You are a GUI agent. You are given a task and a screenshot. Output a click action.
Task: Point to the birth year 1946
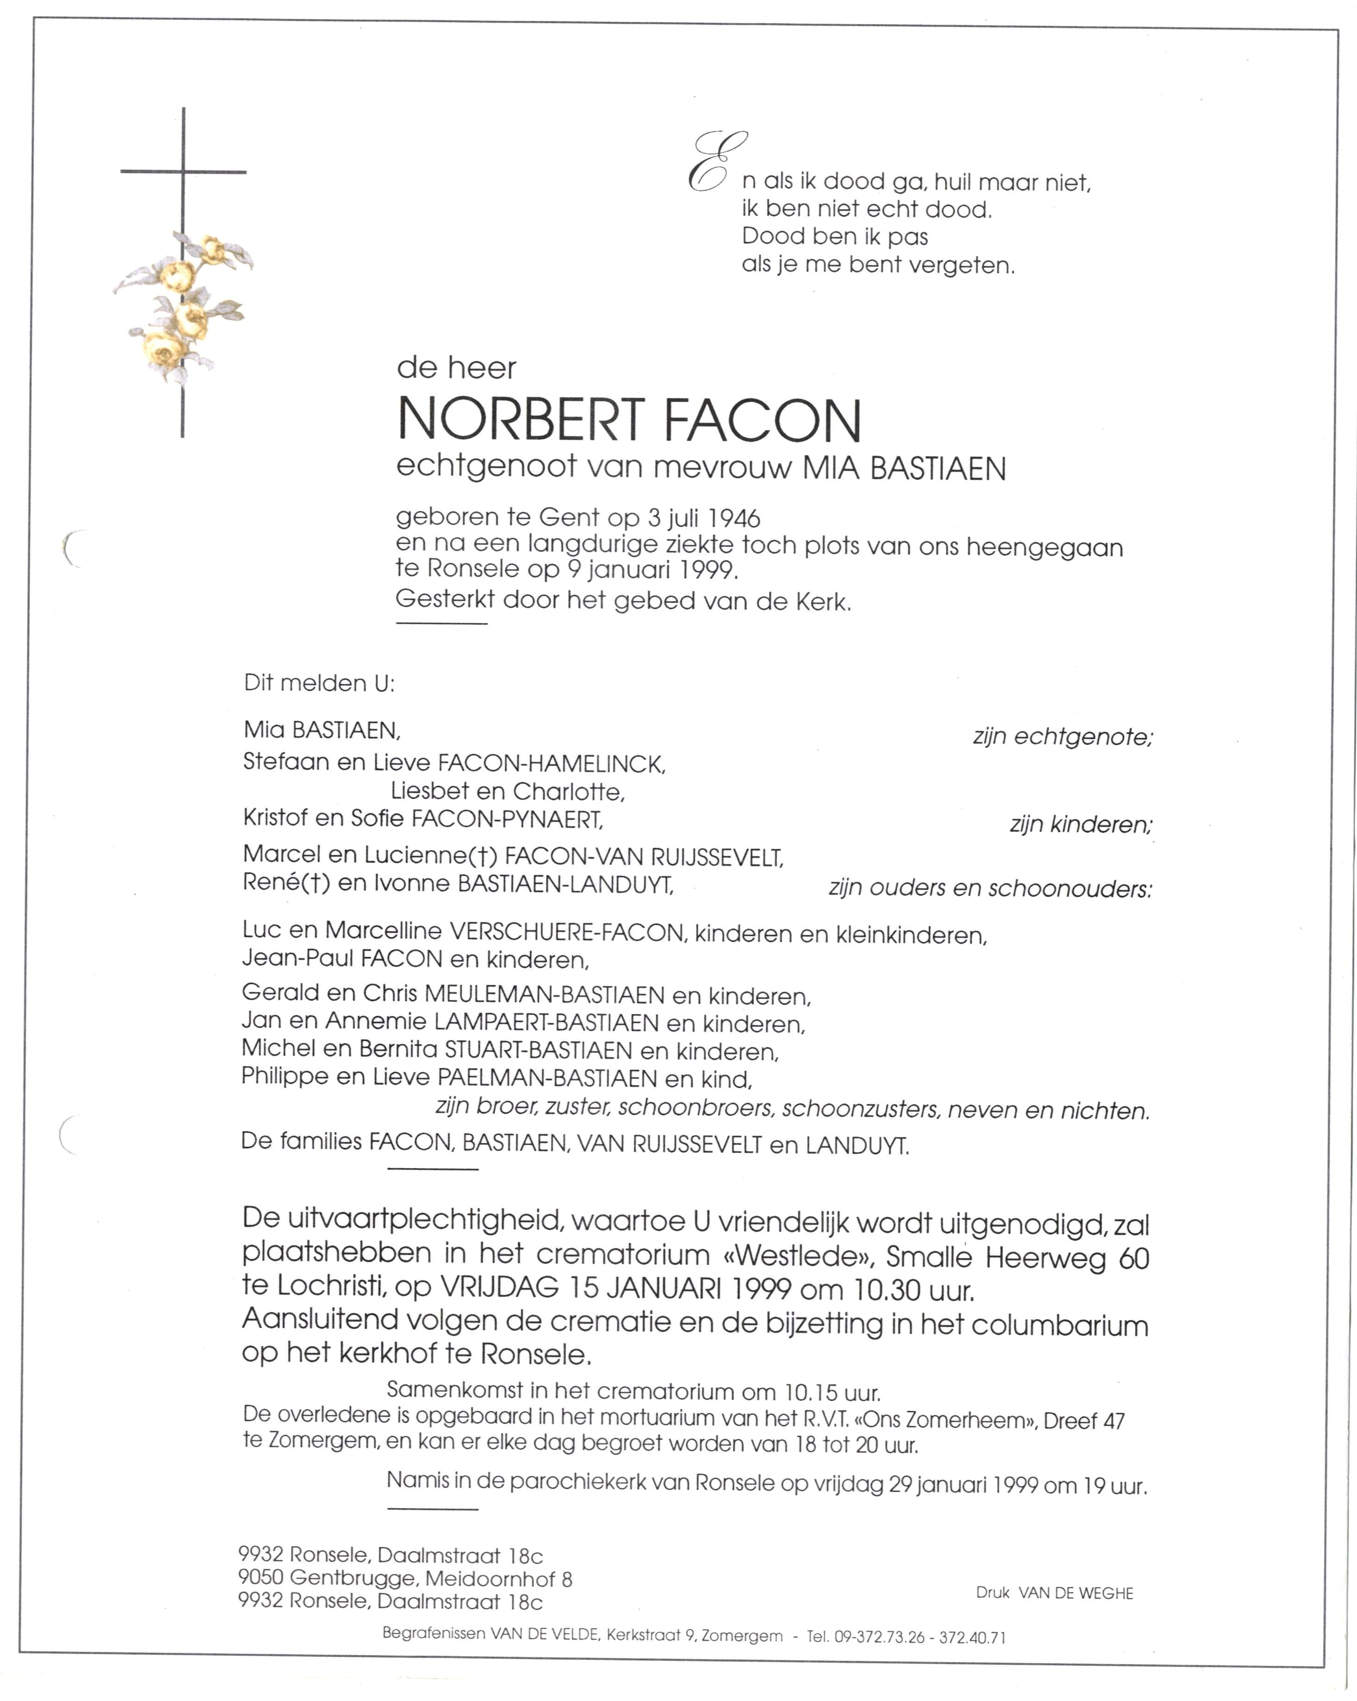tap(734, 519)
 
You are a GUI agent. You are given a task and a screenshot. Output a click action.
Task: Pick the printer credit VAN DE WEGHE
tap(1075, 1593)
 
